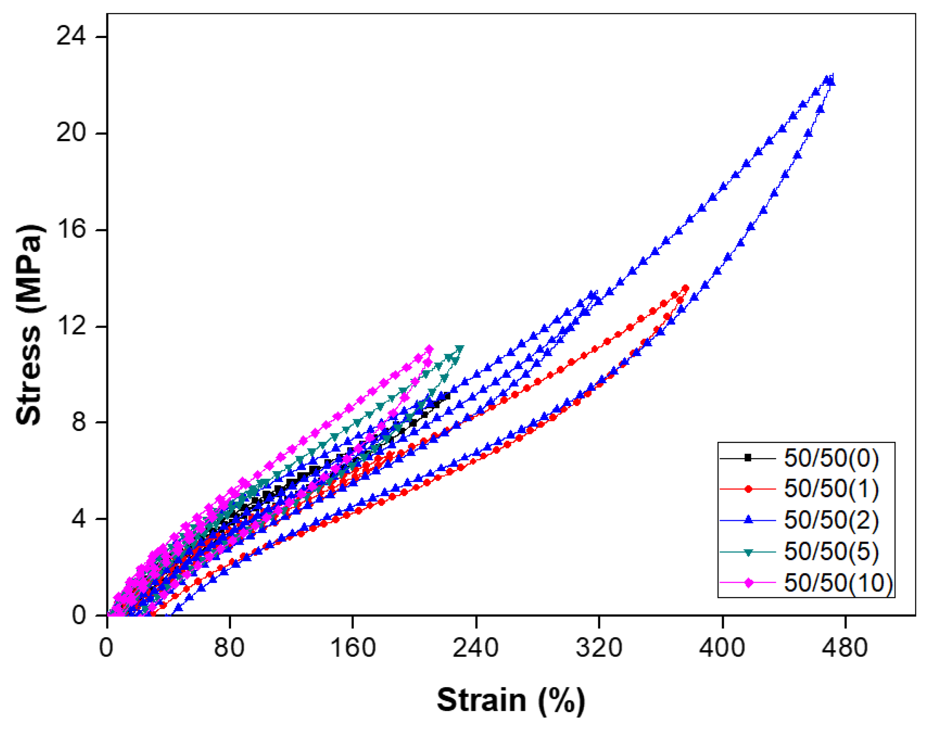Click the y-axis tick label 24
pyautogui.click(x=71, y=36)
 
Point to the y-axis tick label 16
pyautogui.click(x=71, y=229)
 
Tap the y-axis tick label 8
pyautogui.click(x=78, y=422)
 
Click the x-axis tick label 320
pyautogui.click(x=599, y=648)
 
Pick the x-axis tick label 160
pyautogui.click(x=353, y=648)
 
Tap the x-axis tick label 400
pyautogui.click(x=722, y=648)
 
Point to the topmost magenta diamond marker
pyautogui.click(x=429, y=349)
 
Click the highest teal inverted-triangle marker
pyautogui.click(x=460, y=349)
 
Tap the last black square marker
pyautogui.click(x=447, y=396)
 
